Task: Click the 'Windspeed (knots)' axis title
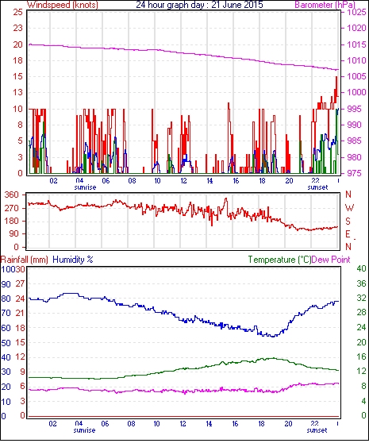[63, 5]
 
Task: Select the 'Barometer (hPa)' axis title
[325, 5]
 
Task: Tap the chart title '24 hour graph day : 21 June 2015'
[199, 5]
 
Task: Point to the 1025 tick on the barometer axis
[356, 12]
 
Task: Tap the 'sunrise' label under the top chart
[85, 187]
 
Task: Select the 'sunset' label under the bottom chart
[317, 430]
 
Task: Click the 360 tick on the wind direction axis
[12, 195]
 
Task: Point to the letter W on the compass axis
[349, 208]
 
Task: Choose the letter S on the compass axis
[348, 221]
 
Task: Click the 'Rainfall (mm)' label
[25, 260]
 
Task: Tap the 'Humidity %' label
[73, 260]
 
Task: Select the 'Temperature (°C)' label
[279, 260]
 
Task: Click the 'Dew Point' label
[331, 260]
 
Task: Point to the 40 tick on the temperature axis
[361, 268]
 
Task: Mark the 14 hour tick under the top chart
[209, 181]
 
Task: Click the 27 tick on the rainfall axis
[20, 283]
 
